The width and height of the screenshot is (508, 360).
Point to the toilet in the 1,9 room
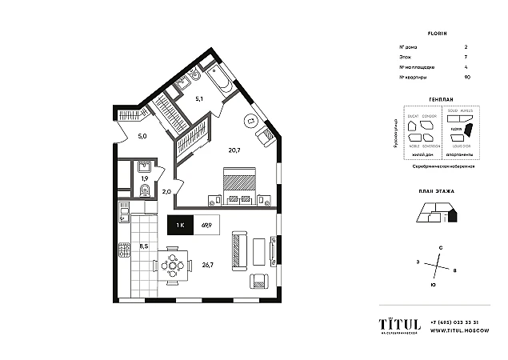point(144,190)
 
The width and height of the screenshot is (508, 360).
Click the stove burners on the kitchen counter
point(124,251)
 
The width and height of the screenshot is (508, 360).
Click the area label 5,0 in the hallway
point(142,136)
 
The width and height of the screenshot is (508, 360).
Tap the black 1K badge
point(179,226)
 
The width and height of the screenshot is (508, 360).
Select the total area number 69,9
point(206,226)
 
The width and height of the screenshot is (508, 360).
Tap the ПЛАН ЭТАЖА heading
point(436,193)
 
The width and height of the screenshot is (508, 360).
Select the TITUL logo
point(399,323)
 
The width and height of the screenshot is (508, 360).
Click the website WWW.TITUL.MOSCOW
point(454,330)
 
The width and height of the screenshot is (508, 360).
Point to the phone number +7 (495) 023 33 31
point(454,321)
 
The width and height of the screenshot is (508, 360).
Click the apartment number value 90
point(466,76)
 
